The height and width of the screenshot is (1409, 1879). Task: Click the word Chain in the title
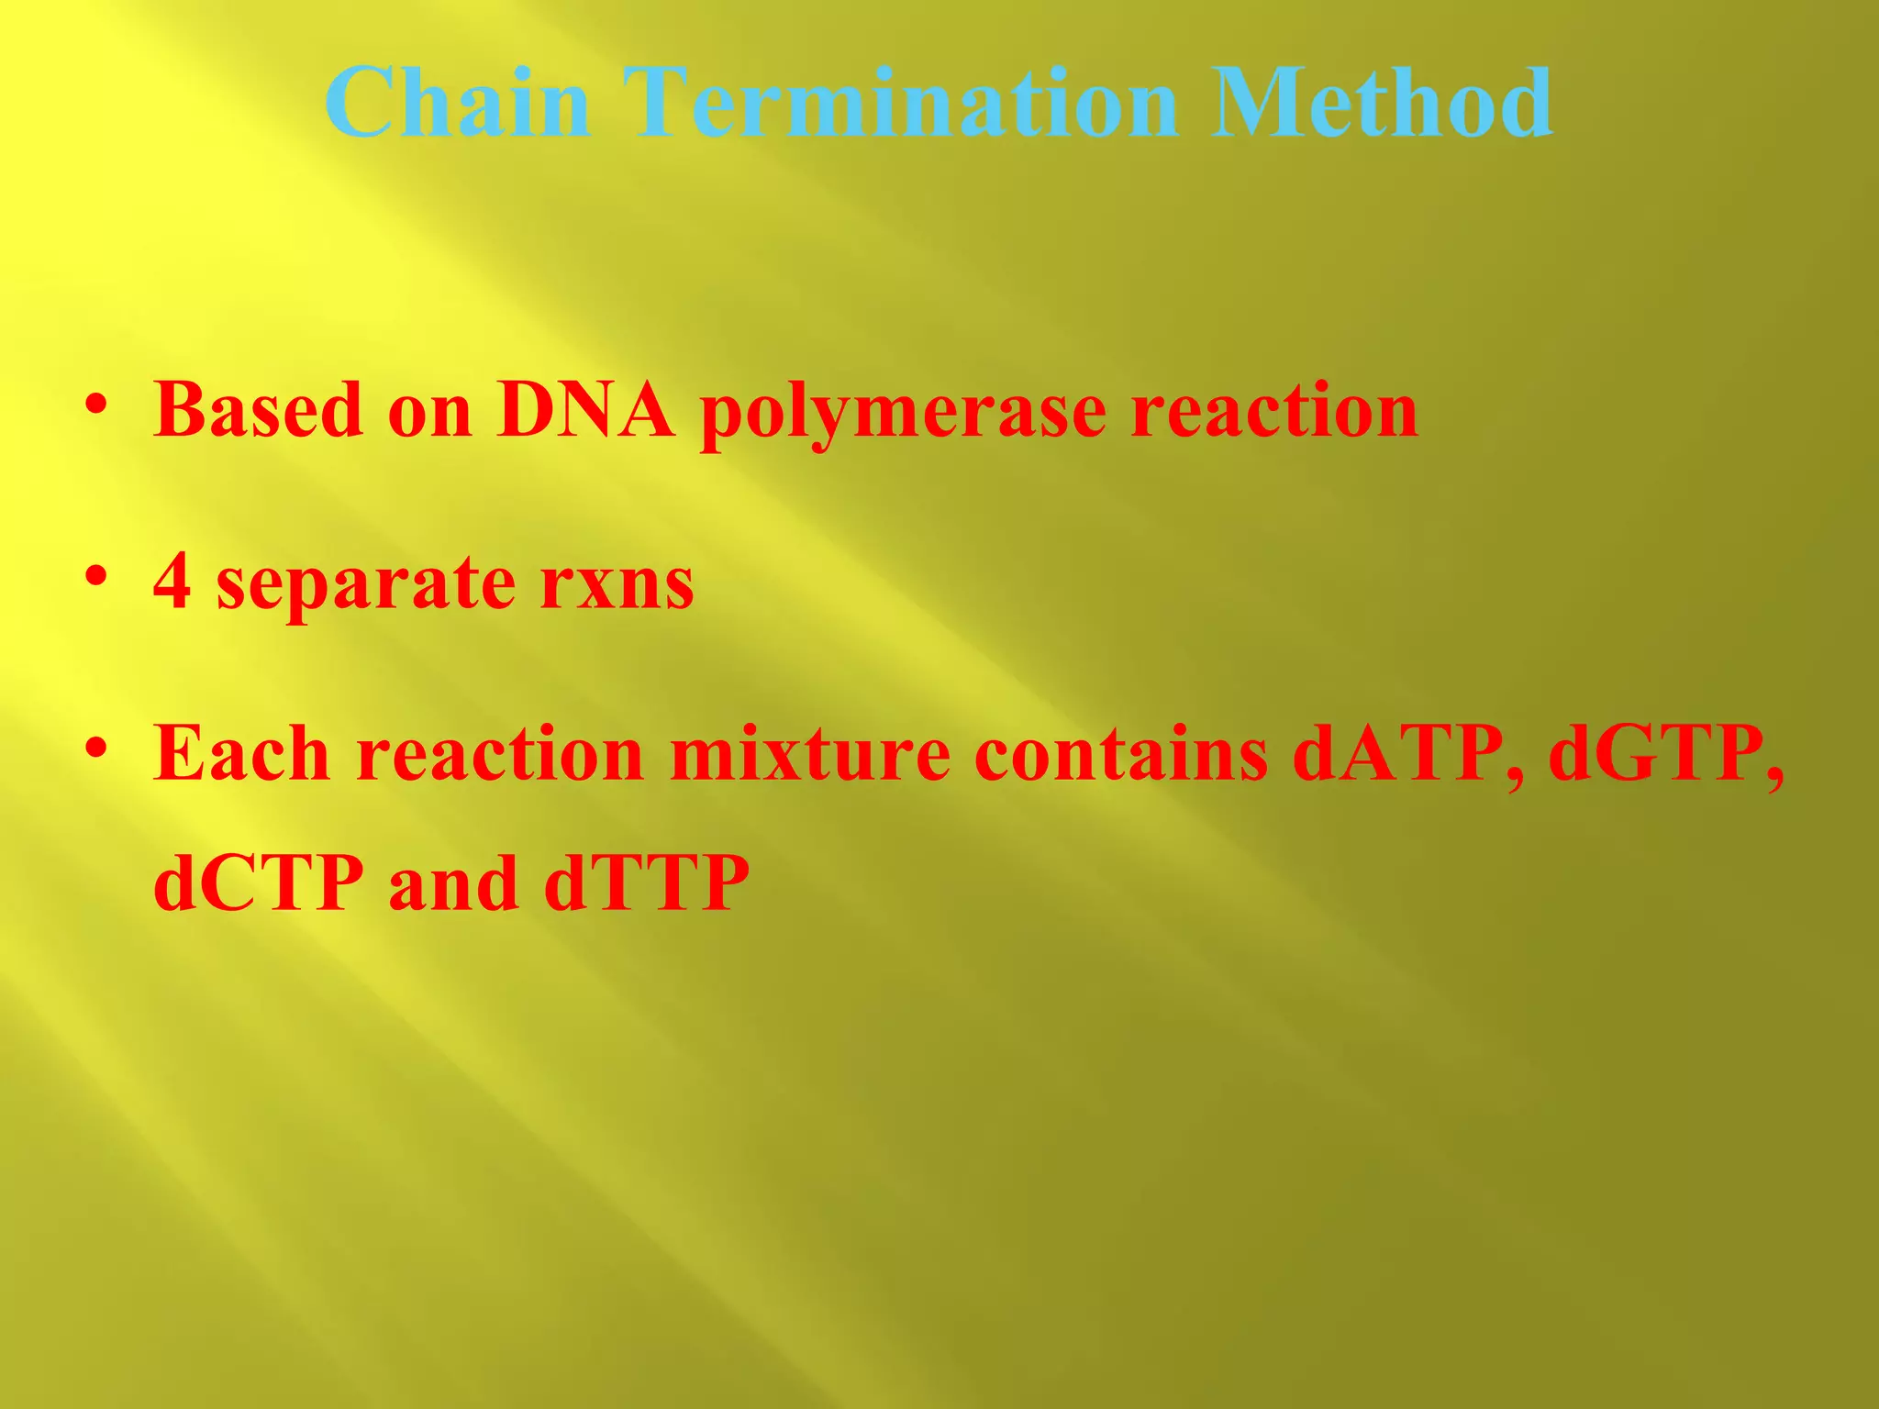(457, 103)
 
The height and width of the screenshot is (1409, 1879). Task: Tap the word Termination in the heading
(900, 103)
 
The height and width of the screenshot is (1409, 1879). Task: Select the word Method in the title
(1381, 103)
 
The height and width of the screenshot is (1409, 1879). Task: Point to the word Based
(258, 410)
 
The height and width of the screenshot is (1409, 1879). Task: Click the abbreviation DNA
(585, 410)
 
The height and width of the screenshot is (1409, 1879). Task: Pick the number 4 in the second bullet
(172, 582)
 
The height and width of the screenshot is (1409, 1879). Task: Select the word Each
(241, 753)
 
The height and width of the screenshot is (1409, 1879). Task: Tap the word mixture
(809, 753)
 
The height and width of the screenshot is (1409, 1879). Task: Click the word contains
(1121, 753)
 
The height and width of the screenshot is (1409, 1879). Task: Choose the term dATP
(1407, 753)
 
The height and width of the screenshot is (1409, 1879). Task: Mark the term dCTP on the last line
(258, 883)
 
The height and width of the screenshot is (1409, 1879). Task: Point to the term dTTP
(646, 883)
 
